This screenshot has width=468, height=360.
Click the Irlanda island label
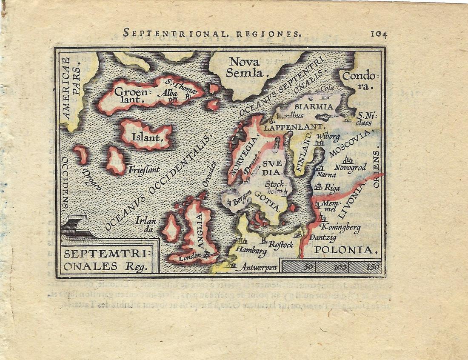coord(143,224)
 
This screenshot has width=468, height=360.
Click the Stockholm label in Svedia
coord(277,188)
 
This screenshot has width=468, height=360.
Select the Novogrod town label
coord(350,168)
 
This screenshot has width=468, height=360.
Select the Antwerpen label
coord(259,268)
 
